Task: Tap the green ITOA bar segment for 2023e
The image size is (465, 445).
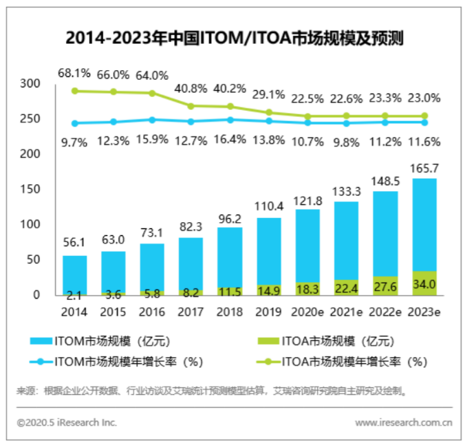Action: tap(424, 283)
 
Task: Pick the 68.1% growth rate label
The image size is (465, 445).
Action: tap(74, 73)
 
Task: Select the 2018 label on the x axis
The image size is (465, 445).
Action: tap(230, 312)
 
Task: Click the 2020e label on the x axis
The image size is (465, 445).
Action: tap(307, 312)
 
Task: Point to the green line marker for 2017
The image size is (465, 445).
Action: tap(191, 106)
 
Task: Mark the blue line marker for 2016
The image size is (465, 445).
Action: tap(152, 120)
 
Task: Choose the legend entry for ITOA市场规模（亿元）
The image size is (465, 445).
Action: tap(330, 341)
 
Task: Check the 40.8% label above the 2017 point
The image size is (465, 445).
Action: tap(191, 88)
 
